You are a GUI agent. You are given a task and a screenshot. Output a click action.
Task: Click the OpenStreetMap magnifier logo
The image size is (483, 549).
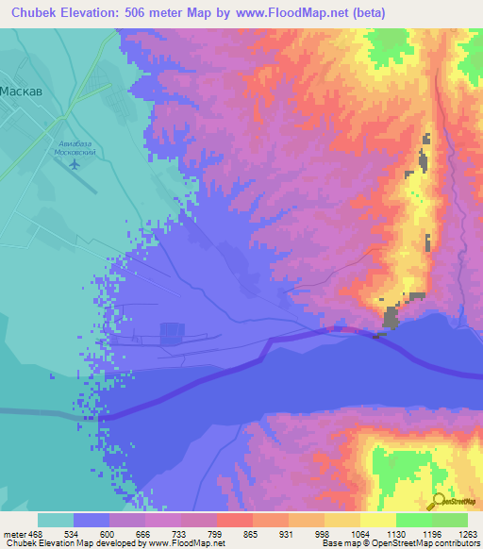[437, 500]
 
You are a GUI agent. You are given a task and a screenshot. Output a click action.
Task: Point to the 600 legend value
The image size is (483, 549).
[109, 533]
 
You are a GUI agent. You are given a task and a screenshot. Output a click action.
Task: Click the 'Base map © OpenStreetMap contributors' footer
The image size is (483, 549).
[400, 543]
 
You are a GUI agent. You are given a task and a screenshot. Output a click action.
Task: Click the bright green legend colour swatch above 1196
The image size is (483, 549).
[413, 520]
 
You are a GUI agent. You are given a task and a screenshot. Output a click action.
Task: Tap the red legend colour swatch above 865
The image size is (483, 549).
[234, 520]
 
